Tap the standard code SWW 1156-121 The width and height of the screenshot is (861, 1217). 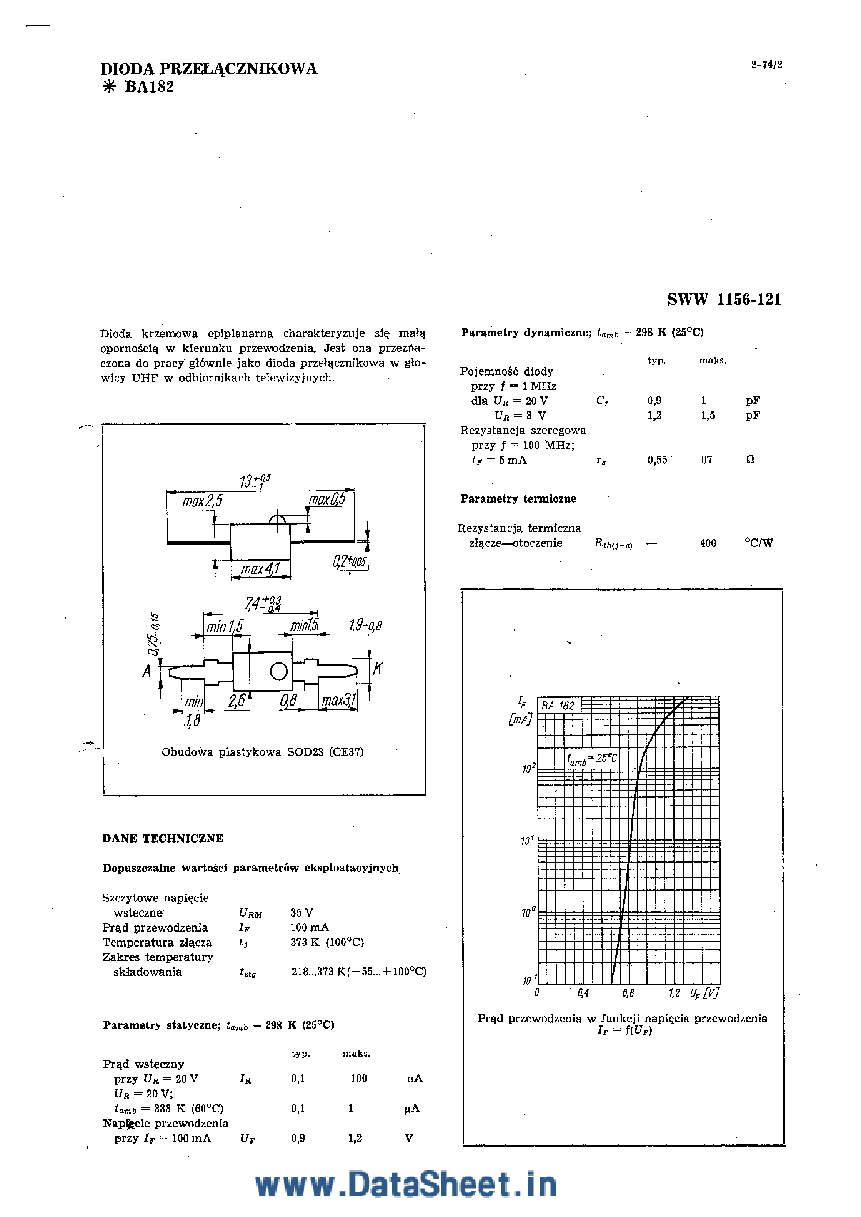[x=724, y=300]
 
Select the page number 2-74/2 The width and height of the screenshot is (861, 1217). [x=766, y=65]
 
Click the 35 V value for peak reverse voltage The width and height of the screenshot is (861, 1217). [x=302, y=912]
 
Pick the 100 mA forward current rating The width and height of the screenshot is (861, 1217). [x=309, y=927]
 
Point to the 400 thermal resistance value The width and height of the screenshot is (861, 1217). [x=708, y=543]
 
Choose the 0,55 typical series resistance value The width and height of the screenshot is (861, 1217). [x=657, y=460]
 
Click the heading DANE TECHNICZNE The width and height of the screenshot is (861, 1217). [x=163, y=838]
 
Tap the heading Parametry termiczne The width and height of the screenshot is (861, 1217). [x=518, y=498]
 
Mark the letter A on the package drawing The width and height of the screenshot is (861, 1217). [x=147, y=671]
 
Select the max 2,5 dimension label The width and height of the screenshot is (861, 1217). [x=203, y=501]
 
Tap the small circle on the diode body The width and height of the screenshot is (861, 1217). [x=279, y=671]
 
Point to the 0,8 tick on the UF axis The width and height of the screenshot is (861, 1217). [x=628, y=993]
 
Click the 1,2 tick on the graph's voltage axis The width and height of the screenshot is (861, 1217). [x=674, y=993]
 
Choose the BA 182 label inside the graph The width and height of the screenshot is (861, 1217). [x=558, y=706]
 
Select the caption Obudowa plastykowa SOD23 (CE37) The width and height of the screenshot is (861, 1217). [x=263, y=751]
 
